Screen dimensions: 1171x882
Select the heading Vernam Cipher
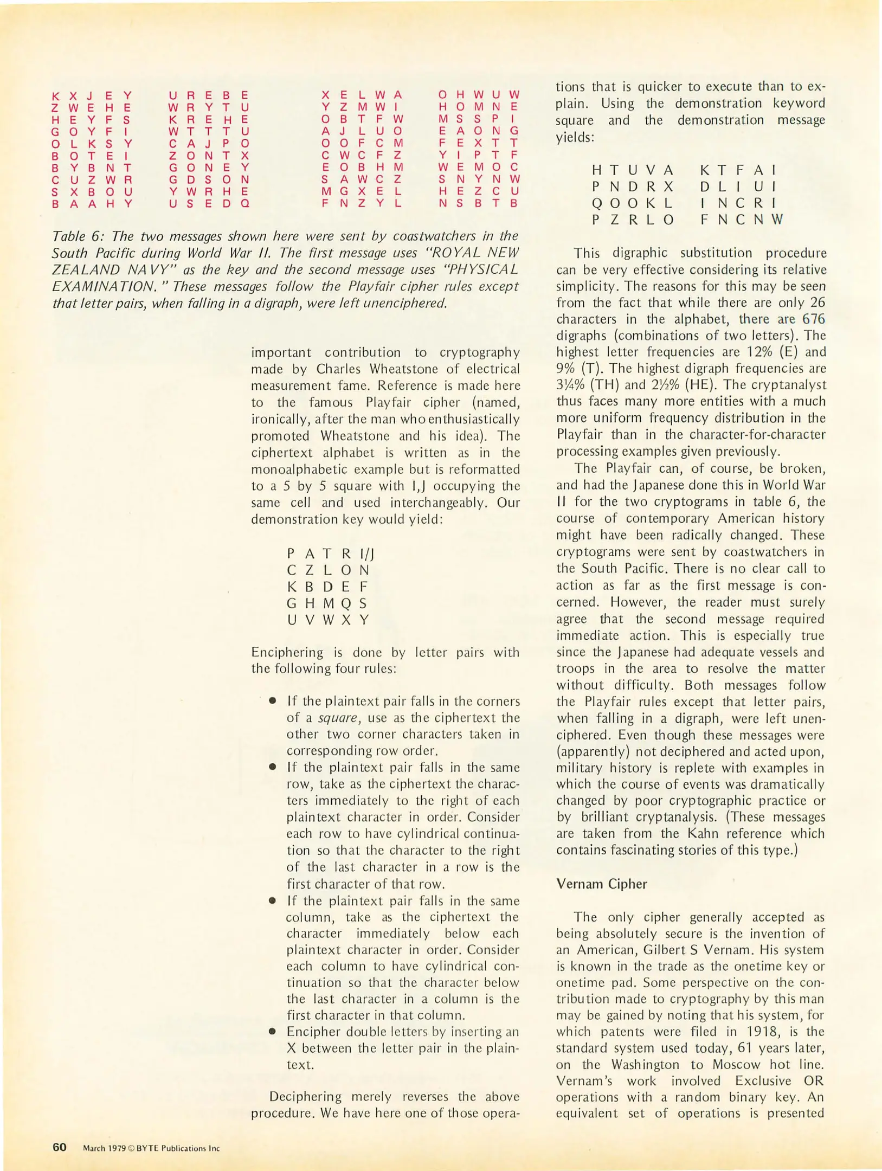602,884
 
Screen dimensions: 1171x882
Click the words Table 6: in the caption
74,236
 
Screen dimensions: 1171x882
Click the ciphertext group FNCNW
741,220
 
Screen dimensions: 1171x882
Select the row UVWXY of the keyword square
327,620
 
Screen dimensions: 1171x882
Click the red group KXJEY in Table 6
92,96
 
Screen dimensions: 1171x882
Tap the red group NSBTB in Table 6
479,204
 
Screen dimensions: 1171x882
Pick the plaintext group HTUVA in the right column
632,170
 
